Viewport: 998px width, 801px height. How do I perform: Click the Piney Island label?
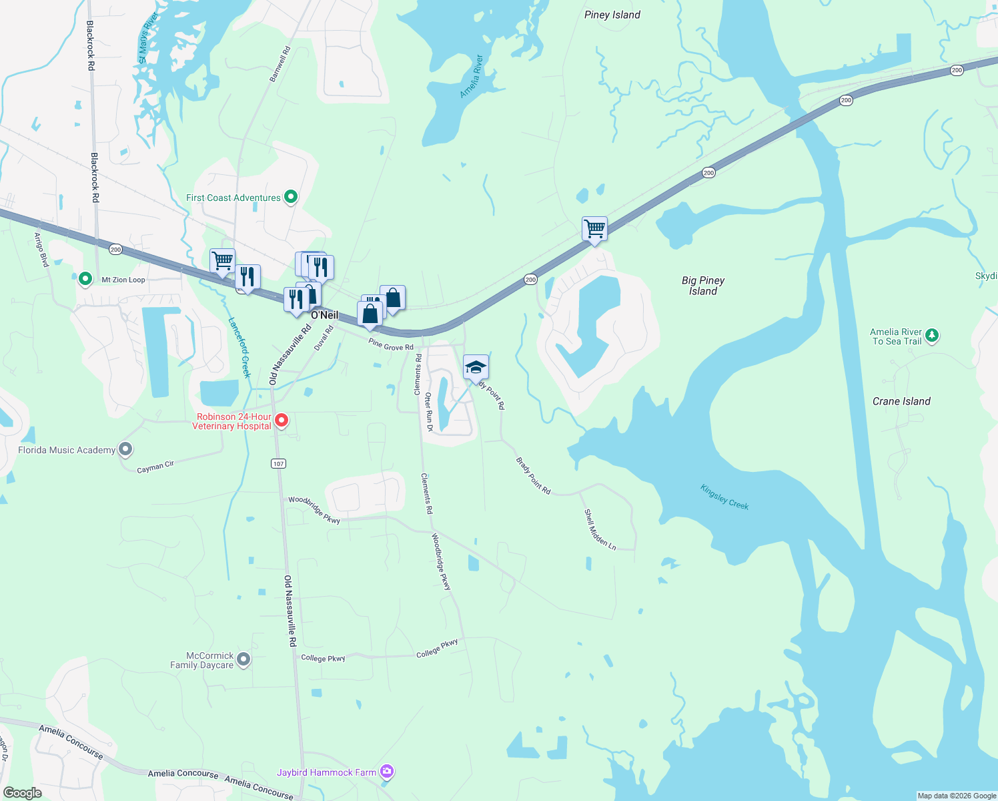(x=612, y=15)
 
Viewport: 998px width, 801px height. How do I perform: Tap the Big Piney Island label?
(x=703, y=286)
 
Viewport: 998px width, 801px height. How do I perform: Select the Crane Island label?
(x=901, y=401)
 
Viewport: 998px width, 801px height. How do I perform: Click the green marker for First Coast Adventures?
(x=290, y=197)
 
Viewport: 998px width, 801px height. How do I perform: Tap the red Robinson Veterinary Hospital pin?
(x=282, y=420)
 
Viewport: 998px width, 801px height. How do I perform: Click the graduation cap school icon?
(x=476, y=368)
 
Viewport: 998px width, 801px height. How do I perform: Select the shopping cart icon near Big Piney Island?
(x=594, y=229)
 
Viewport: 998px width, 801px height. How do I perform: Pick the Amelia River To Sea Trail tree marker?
(x=932, y=335)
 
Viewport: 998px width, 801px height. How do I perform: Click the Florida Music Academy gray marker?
(x=125, y=449)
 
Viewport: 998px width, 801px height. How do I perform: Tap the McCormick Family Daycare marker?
(x=243, y=659)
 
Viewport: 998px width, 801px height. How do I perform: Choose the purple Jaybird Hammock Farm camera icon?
(x=387, y=772)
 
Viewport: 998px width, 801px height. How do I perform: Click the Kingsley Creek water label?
(x=724, y=497)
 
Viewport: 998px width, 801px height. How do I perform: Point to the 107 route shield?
(x=279, y=463)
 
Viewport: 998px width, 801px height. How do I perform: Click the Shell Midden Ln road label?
(x=600, y=529)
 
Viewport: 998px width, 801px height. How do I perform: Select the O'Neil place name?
(x=325, y=315)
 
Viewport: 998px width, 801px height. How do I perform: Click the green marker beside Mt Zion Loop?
(x=85, y=279)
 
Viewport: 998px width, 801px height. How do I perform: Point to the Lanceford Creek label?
(x=239, y=347)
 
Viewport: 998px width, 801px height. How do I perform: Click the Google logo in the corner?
(x=23, y=792)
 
